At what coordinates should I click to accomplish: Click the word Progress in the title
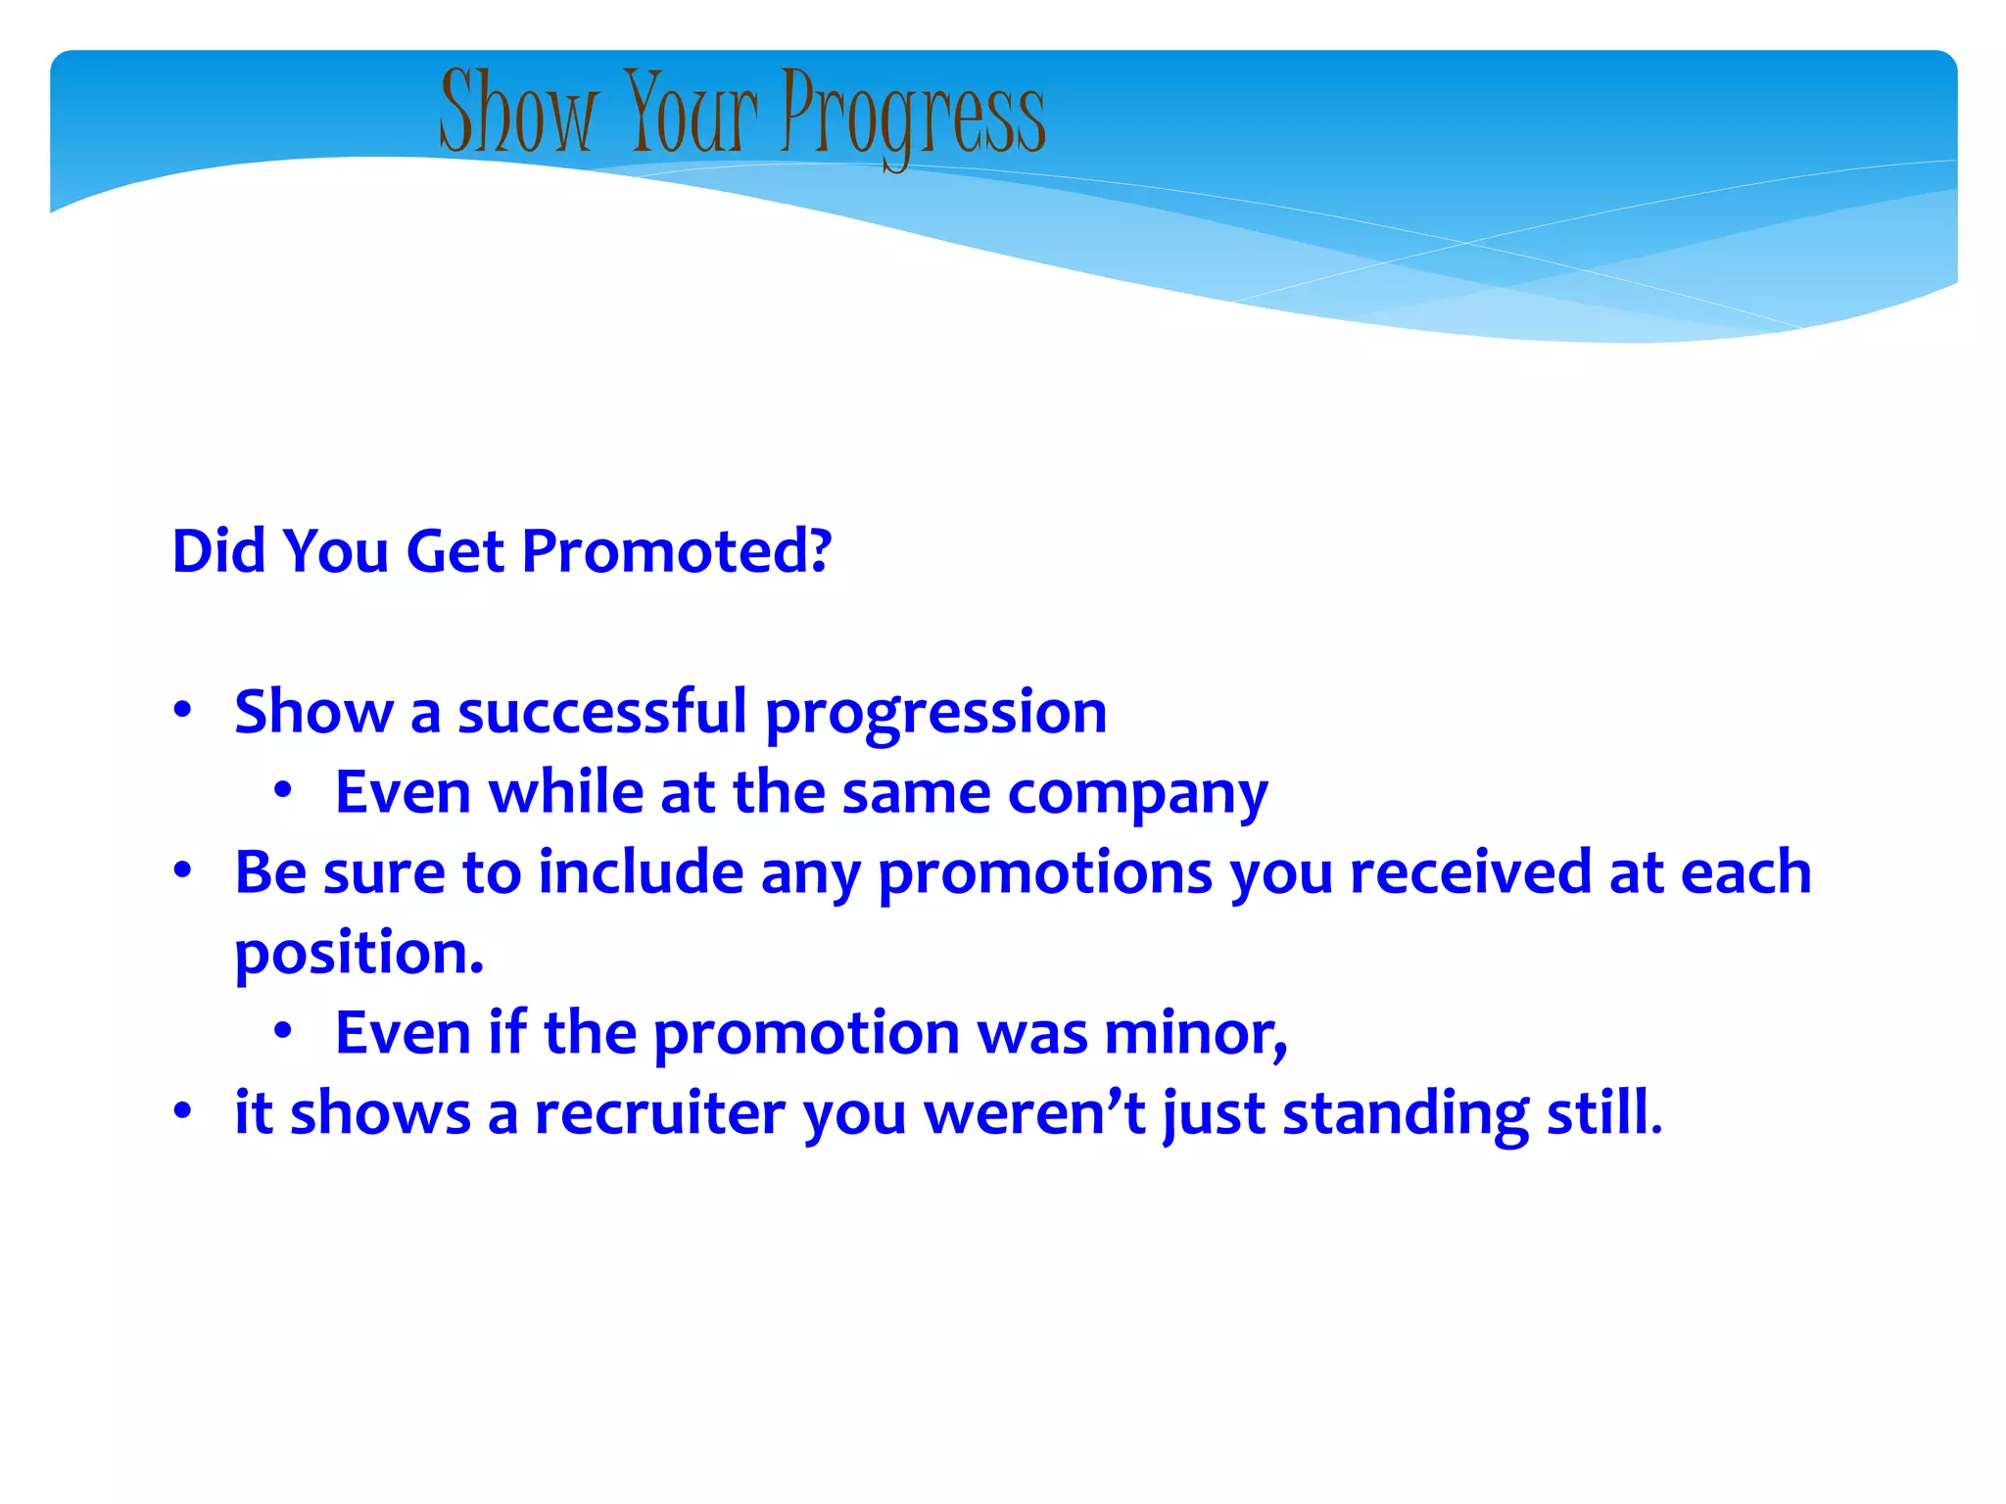pos(913,116)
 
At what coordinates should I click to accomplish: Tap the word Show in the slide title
pos(516,112)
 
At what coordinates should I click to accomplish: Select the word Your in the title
pos(691,112)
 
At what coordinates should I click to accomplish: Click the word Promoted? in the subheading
pos(676,551)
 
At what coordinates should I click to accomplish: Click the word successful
pos(602,712)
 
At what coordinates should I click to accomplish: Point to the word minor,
pos(1195,1034)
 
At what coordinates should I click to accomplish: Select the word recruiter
pos(659,1114)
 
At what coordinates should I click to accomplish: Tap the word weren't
pos(1034,1114)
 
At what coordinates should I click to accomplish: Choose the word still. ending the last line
pos(1604,1113)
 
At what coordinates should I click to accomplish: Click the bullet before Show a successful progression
pos(182,710)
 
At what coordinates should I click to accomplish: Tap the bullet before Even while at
pos(283,790)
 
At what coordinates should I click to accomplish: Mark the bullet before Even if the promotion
pos(283,1031)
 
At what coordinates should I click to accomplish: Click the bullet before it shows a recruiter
pos(182,1111)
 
